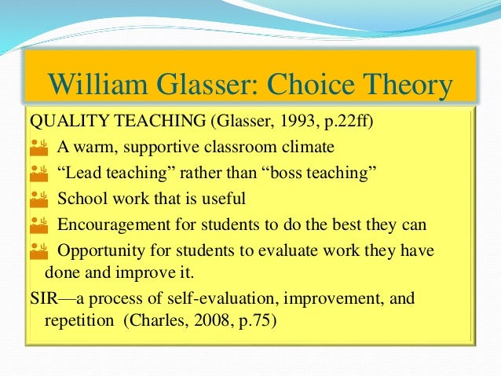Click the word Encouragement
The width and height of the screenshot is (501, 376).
[x=114, y=225]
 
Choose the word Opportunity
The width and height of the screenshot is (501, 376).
[x=101, y=251]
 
